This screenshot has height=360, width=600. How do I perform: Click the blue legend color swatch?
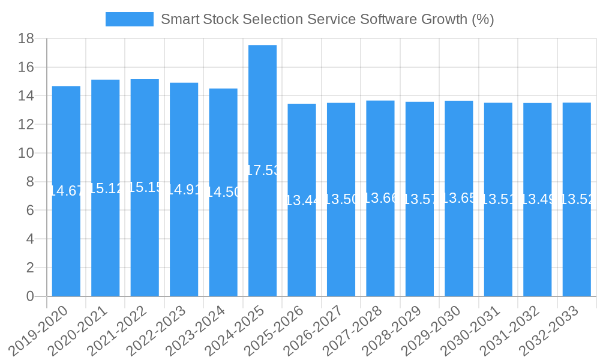pos(129,19)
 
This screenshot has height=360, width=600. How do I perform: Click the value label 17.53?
pos(263,170)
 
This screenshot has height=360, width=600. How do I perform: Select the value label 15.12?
pos(106,188)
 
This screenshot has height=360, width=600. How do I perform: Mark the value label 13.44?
pos(302,200)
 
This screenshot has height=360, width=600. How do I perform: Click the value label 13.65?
pos(459,198)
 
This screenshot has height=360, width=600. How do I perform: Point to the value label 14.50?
pos(223,192)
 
